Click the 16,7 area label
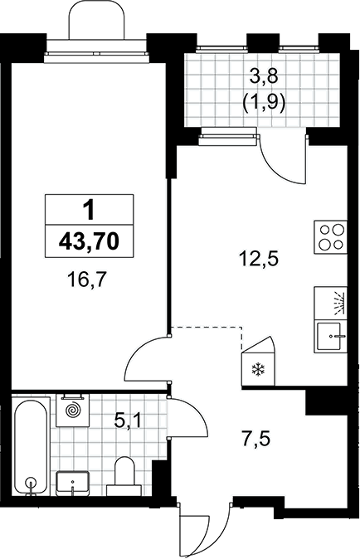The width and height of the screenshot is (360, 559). click(x=86, y=279)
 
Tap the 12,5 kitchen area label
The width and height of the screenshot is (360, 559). click(x=259, y=258)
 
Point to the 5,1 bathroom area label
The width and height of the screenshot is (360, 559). click(x=128, y=421)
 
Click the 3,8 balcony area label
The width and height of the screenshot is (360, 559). click(x=264, y=76)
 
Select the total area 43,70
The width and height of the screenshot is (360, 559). click(x=89, y=241)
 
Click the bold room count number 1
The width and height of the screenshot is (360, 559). click(x=89, y=210)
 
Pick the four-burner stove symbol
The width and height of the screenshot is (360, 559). click(x=330, y=237)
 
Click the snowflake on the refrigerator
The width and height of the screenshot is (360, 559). click(x=259, y=369)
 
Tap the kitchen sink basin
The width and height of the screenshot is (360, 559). click(x=330, y=337)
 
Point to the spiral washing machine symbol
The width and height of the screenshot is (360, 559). click(x=73, y=410)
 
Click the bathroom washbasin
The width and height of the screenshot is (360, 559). click(x=73, y=483)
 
